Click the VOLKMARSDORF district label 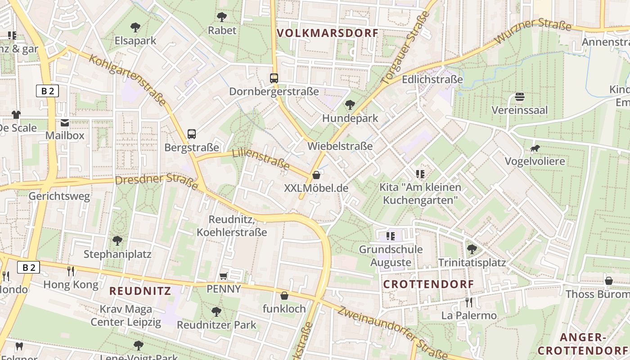point(328,33)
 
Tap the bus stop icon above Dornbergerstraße point(274,78)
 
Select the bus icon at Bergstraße point(192,134)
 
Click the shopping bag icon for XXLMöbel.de point(316,175)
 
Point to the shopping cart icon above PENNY point(224,275)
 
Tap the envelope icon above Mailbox point(65,122)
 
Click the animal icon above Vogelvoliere point(535,148)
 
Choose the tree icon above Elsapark point(135,27)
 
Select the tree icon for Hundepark point(350,105)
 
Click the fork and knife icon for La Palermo point(469,302)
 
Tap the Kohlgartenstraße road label point(128,80)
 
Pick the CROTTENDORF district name point(428,284)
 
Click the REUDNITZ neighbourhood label point(140,291)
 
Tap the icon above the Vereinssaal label point(520,97)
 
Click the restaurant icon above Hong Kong point(71,271)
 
